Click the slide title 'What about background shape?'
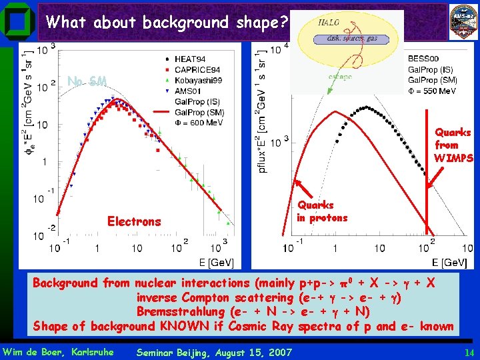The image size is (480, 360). coord(167,23)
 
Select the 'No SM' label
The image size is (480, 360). coord(87,81)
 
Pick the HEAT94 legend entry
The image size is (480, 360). coord(193,59)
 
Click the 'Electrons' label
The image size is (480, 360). coord(134,221)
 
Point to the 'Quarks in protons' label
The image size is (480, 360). coord(322,211)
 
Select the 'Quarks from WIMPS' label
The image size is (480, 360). coord(453,145)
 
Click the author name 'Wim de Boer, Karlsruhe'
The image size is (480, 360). coord(58,352)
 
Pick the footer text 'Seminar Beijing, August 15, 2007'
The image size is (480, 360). coord(213,352)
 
